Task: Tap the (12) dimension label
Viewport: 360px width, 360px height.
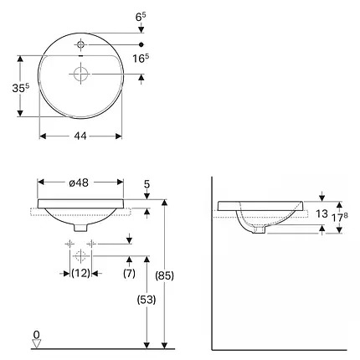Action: (80, 273)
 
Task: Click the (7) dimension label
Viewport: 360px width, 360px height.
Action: (129, 273)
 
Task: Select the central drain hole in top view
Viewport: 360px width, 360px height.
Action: (80, 75)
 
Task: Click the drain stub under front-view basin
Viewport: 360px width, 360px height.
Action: (80, 228)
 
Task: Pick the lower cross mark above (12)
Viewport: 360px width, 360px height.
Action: (80, 255)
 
